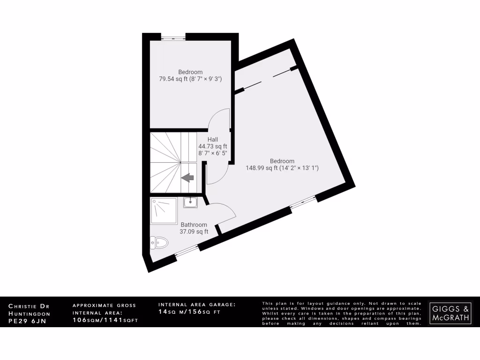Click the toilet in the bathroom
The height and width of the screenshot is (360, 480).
[159, 242]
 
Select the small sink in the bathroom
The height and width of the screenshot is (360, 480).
[190, 202]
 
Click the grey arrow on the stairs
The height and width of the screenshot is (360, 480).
[188, 178]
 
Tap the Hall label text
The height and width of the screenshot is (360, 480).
[213, 139]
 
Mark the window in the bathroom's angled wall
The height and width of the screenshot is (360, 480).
[187, 251]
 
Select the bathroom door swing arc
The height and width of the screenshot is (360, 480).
[222, 214]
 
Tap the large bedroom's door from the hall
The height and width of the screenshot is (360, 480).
[218, 173]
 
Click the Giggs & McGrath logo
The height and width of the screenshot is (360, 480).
[450, 313]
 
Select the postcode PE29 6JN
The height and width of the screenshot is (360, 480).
[28, 322]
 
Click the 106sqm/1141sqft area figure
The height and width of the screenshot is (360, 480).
[105, 320]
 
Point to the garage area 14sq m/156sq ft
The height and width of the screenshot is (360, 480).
[189, 312]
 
